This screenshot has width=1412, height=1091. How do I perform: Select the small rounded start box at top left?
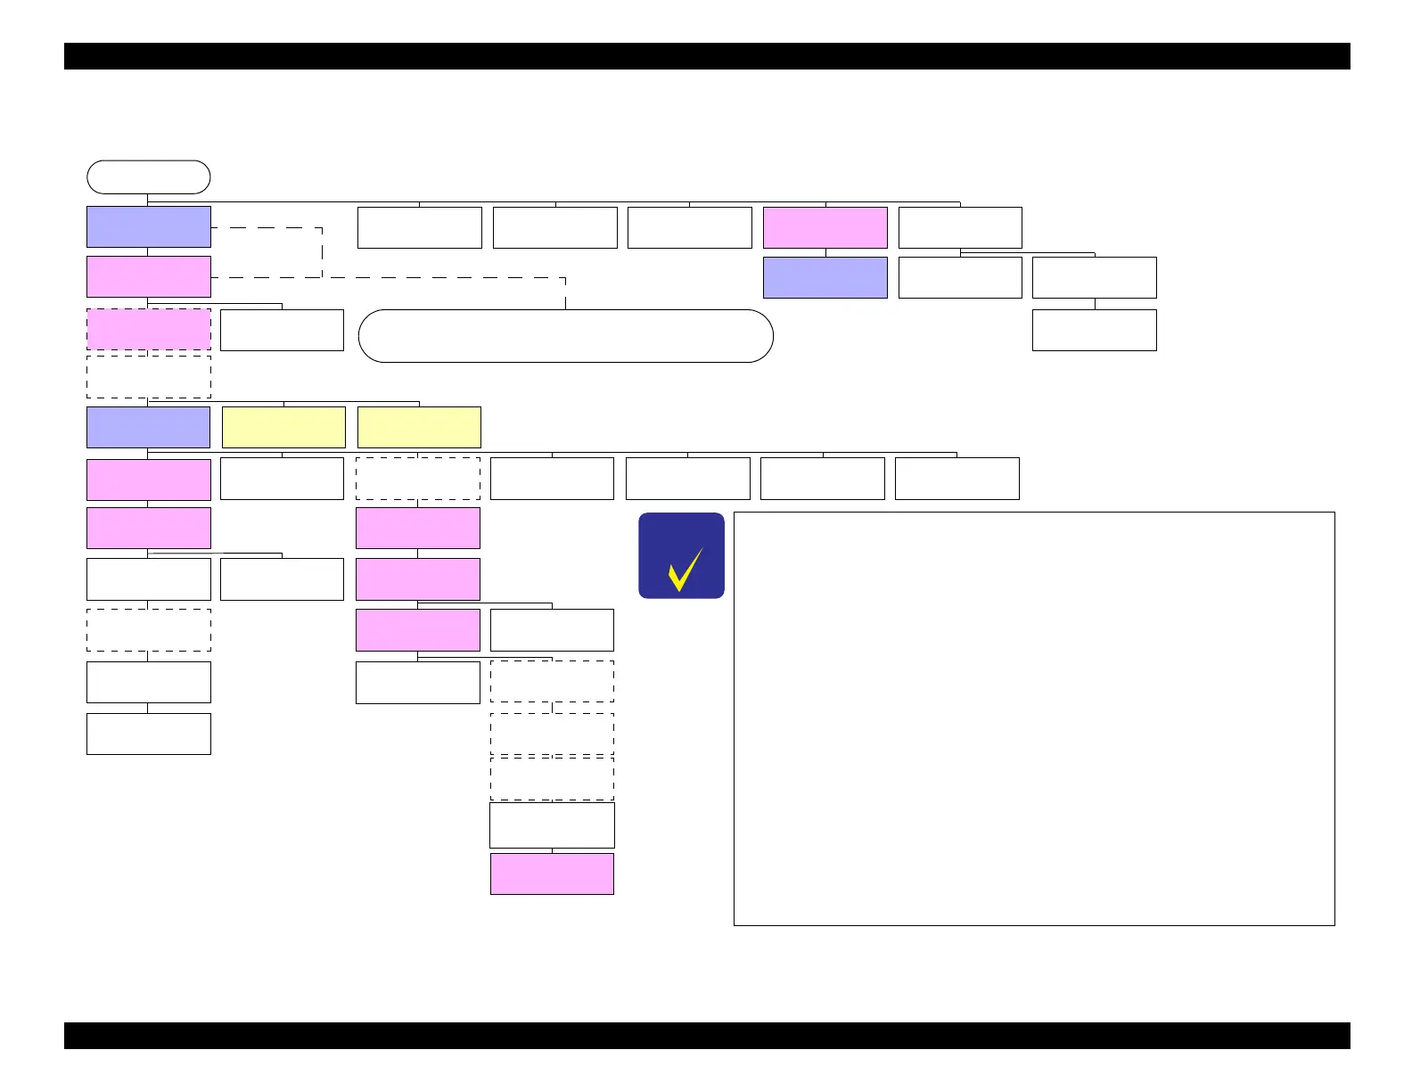point(148,176)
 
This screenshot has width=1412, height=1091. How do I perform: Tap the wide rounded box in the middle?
point(565,336)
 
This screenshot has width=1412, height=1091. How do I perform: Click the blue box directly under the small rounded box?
point(148,226)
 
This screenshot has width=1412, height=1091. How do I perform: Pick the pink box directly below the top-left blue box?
point(148,276)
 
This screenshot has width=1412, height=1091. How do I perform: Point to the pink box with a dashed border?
point(148,329)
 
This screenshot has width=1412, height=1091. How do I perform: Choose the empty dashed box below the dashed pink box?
point(148,377)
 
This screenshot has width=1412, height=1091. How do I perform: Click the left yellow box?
point(283,427)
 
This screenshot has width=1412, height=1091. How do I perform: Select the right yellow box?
point(419,427)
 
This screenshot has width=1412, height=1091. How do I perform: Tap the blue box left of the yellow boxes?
point(148,427)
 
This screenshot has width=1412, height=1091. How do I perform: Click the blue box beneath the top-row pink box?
point(825,277)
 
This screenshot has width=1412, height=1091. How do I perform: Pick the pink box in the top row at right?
point(825,227)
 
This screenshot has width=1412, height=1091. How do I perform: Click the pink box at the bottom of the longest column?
point(552,874)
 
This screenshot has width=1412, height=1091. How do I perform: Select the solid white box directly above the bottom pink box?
point(552,824)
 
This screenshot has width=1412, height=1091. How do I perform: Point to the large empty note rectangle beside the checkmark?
point(1034,718)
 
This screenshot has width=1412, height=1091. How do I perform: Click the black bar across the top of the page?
point(706,55)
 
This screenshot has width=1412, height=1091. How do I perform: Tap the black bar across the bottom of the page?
point(706,1036)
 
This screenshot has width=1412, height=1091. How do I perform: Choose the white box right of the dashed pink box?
point(282,330)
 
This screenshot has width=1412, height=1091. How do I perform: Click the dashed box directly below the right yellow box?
point(417,479)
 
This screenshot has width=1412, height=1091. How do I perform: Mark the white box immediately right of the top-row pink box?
point(960,227)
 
